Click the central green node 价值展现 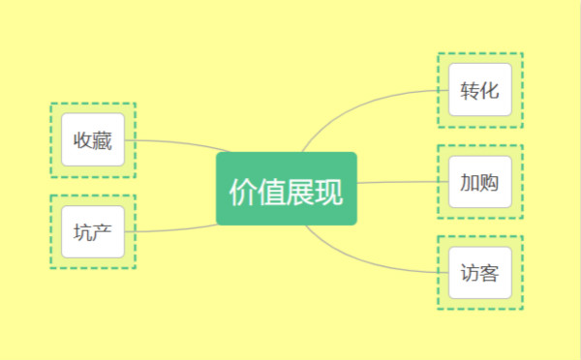click(x=287, y=189)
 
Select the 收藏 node click(x=93, y=140)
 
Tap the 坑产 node click(x=93, y=232)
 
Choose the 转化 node click(x=479, y=90)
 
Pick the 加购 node click(x=479, y=182)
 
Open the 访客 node click(x=479, y=273)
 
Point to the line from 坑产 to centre click(x=174, y=229)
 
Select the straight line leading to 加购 click(x=402, y=182)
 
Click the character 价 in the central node click(x=242, y=192)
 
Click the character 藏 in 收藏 click(x=103, y=142)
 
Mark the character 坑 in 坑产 click(x=83, y=232)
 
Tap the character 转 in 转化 click(x=470, y=92)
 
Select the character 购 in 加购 click(x=489, y=183)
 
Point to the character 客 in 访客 click(x=489, y=274)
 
